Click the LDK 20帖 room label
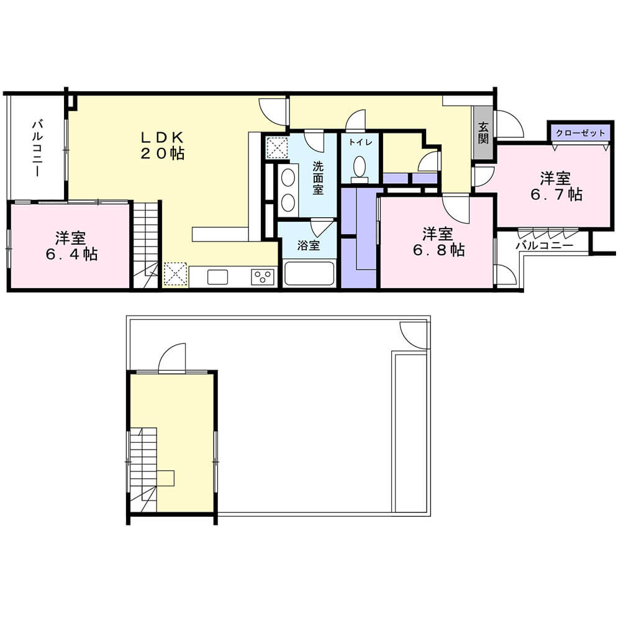tap(163, 145)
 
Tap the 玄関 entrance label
tap(483, 133)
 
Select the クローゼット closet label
tap(581, 133)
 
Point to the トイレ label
tap(360, 142)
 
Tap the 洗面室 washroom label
tap(317, 178)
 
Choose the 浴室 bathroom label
tap(309, 245)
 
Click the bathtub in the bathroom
tap(309, 273)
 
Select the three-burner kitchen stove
tap(263, 277)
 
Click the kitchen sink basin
tap(217, 277)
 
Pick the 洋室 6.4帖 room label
tap(71, 246)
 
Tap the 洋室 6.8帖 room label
tap(438, 242)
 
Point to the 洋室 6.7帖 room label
tap(556, 186)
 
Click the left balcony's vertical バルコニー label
tap(37, 148)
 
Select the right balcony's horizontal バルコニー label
tap(544, 246)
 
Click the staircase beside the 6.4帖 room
tap(146, 245)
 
